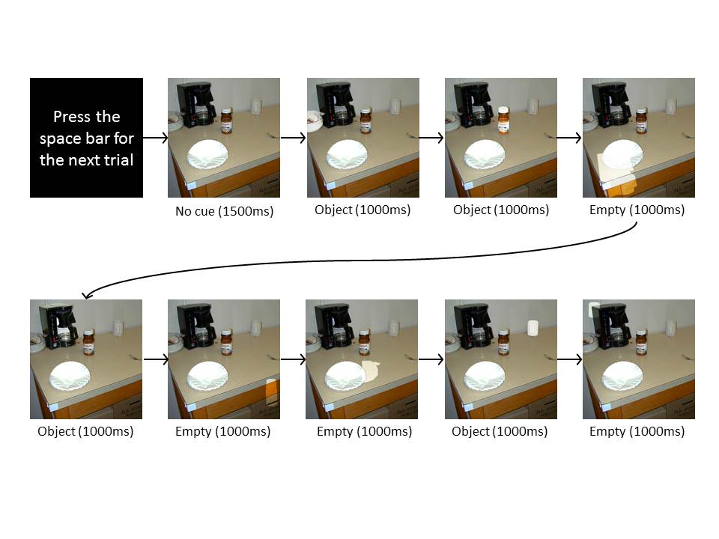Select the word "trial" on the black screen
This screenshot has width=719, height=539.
point(117,160)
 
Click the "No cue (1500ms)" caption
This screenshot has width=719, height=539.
point(224,211)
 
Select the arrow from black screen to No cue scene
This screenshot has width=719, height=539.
point(156,138)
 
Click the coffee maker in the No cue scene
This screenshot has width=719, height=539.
point(195,104)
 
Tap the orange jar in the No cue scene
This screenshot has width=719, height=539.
point(226,121)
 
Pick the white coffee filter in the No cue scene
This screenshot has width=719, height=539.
point(207,154)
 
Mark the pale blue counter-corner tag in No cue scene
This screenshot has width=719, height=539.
point(191,185)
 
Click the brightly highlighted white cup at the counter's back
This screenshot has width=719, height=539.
point(533,328)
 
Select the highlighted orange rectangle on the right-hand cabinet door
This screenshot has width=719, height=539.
point(273,392)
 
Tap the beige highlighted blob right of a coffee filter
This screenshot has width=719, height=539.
point(371,371)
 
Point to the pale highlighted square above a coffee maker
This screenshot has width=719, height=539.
point(594,309)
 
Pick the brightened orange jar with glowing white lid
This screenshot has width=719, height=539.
point(503,120)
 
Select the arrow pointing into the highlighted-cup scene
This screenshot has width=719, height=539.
point(431,359)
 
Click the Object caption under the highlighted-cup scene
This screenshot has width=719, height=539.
point(500,431)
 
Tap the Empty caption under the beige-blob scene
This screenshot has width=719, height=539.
point(364,431)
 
